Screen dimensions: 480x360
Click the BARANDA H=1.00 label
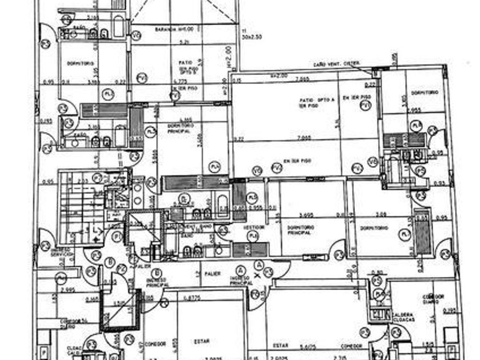point(171,29)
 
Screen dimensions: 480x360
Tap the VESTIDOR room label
point(253,227)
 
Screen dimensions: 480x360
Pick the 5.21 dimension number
point(185,42)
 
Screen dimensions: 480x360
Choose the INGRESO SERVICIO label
point(61,251)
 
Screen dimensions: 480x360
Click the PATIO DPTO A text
point(313,101)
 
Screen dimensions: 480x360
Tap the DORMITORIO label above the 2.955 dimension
point(424,93)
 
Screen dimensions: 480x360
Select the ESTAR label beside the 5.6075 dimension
point(280,346)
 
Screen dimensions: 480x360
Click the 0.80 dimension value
point(377,273)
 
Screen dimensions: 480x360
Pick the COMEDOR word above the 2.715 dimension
point(351,346)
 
